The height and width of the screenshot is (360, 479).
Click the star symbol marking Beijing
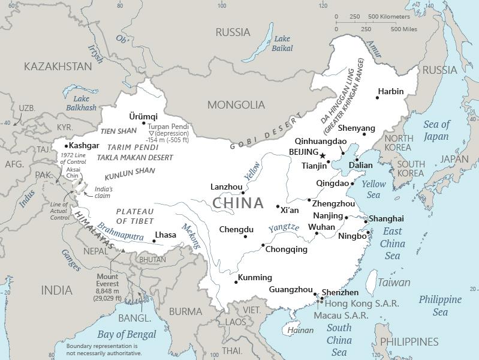click(x=323, y=155)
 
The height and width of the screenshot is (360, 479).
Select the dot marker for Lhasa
click(x=154, y=241)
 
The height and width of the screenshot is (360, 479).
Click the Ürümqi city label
click(x=143, y=116)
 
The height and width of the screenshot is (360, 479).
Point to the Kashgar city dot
click(x=67, y=146)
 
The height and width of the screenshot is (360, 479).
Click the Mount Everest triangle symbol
click(x=123, y=250)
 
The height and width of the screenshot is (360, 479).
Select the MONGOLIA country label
click(x=236, y=105)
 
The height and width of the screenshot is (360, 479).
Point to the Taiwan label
click(x=394, y=282)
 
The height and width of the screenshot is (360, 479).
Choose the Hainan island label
click(x=300, y=330)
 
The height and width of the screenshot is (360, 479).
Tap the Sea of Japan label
click(x=436, y=130)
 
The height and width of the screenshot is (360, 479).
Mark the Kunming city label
click(x=255, y=277)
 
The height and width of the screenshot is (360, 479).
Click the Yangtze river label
click(x=283, y=227)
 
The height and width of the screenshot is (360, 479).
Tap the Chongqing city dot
click(x=263, y=245)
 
